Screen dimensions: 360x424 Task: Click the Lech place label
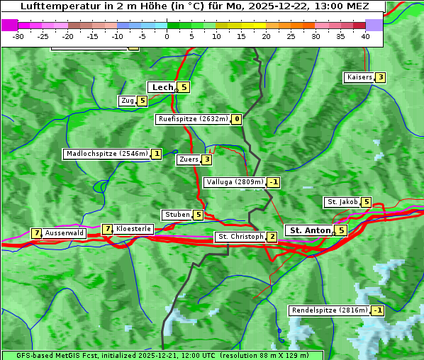(162, 87)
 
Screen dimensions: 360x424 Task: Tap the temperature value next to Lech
(184, 87)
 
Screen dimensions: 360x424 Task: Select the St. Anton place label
(311, 230)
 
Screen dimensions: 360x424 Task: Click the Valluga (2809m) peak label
(235, 182)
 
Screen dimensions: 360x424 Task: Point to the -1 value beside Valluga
(274, 182)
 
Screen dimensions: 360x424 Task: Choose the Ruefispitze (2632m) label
(193, 119)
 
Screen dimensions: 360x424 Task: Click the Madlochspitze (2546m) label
(106, 154)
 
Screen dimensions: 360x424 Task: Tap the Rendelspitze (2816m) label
(330, 310)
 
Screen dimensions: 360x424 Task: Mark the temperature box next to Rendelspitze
(378, 310)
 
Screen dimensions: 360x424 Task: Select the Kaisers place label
(359, 77)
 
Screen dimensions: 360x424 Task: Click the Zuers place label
(188, 159)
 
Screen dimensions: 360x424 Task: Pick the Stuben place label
(177, 215)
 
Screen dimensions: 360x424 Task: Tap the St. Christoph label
(240, 237)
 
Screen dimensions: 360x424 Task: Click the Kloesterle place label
(133, 229)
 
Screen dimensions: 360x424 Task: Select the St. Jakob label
(342, 202)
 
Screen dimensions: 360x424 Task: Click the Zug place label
(128, 101)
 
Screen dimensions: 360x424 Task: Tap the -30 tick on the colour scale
(18, 36)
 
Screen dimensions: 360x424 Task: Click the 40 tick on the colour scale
(365, 36)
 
